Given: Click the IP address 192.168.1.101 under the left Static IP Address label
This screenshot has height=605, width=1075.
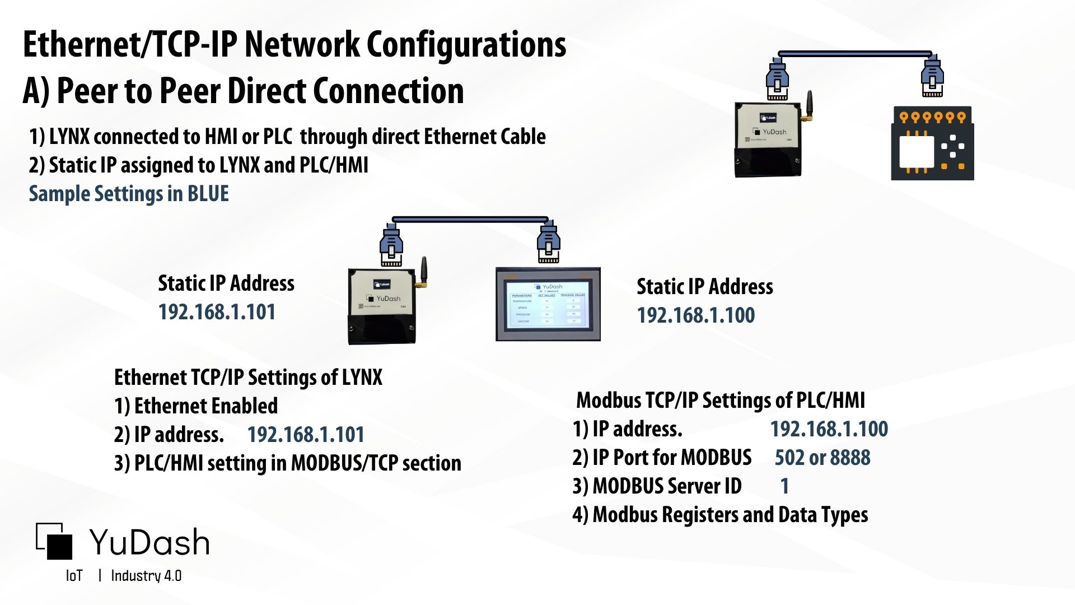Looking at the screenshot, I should pyautogui.click(x=217, y=312).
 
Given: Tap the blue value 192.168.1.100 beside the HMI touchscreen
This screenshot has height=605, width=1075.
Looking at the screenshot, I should pyautogui.click(x=695, y=315).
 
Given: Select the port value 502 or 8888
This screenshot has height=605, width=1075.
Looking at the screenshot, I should pyautogui.click(x=822, y=458).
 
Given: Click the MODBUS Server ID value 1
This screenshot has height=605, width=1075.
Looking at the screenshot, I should pyautogui.click(x=784, y=486).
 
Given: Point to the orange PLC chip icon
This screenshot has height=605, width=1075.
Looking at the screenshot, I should pyautogui.click(x=932, y=143).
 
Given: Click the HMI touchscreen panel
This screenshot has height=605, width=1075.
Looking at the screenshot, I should pyautogui.click(x=548, y=304).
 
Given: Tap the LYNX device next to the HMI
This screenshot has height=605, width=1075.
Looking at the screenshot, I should pyautogui.click(x=383, y=306).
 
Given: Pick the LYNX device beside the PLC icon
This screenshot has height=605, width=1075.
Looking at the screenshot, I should pyautogui.click(x=769, y=140).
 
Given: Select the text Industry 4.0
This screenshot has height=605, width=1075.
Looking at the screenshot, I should pyautogui.click(x=146, y=576).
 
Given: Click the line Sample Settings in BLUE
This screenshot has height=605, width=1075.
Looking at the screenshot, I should pyautogui.click(x=129, y=194).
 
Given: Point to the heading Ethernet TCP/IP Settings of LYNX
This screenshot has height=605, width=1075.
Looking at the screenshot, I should pyautogui.click(x=248, y=378).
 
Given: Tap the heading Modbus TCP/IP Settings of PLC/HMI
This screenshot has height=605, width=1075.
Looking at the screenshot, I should pyautogui.click(x=721, y=401).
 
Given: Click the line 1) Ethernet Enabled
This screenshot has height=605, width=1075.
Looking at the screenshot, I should pyautogui.click(x=196, y=406).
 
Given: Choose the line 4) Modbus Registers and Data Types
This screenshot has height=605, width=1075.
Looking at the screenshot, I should pyautogui.click(x=720, y=515).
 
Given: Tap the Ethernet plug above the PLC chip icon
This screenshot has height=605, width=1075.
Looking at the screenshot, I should pyautogui.click(x=932, y=77).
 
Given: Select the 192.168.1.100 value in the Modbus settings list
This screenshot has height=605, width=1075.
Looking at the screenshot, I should pyautogui.click(x=829, y=429).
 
